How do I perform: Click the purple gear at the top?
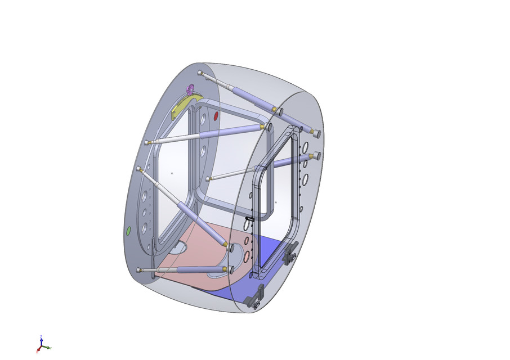tap(190, 88)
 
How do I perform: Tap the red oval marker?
tap(216, 115)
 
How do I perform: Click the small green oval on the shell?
tap(128, 231)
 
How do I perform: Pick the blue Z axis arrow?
tap(41, 340)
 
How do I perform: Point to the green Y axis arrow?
tap(48, 347)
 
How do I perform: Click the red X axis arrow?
tap(38, 350)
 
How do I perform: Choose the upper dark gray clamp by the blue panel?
tap(290, 254)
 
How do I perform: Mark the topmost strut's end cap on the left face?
tap(201, 73)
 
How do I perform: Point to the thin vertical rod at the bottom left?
tap(153, 253)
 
